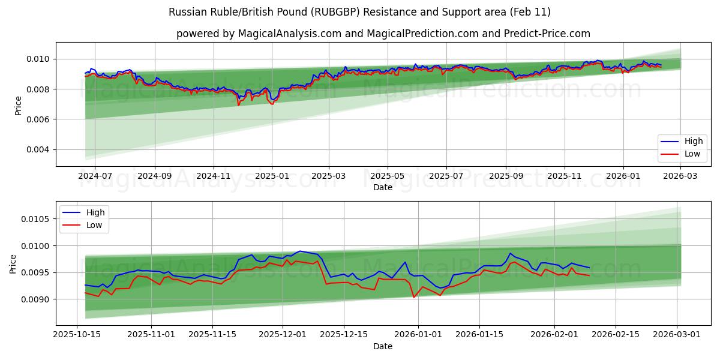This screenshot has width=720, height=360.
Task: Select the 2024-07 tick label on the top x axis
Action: tap(96, 176)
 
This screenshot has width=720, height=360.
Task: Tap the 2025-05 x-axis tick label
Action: tap(387, 176)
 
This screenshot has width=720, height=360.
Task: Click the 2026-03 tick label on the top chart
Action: tap(680, 176)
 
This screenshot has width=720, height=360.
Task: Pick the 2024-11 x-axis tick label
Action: tap(214, 176)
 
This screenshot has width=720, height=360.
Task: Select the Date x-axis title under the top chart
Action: tap(383, 187)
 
